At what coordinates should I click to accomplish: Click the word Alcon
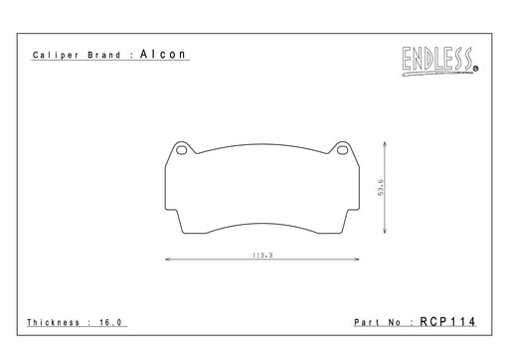(163, 54)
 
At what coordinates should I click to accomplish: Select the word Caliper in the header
(56, 55)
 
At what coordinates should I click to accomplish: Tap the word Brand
(104, 55)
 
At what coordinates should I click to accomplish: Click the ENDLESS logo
(438, 61)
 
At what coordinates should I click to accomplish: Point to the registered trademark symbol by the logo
(476, 69)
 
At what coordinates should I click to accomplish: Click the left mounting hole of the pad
(182, 150)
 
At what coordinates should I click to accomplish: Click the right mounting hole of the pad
(342, 150)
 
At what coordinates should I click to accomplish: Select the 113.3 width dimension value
(262, 256)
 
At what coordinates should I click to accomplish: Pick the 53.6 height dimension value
(381, 187)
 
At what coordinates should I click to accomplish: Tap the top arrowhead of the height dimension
(385, 143)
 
